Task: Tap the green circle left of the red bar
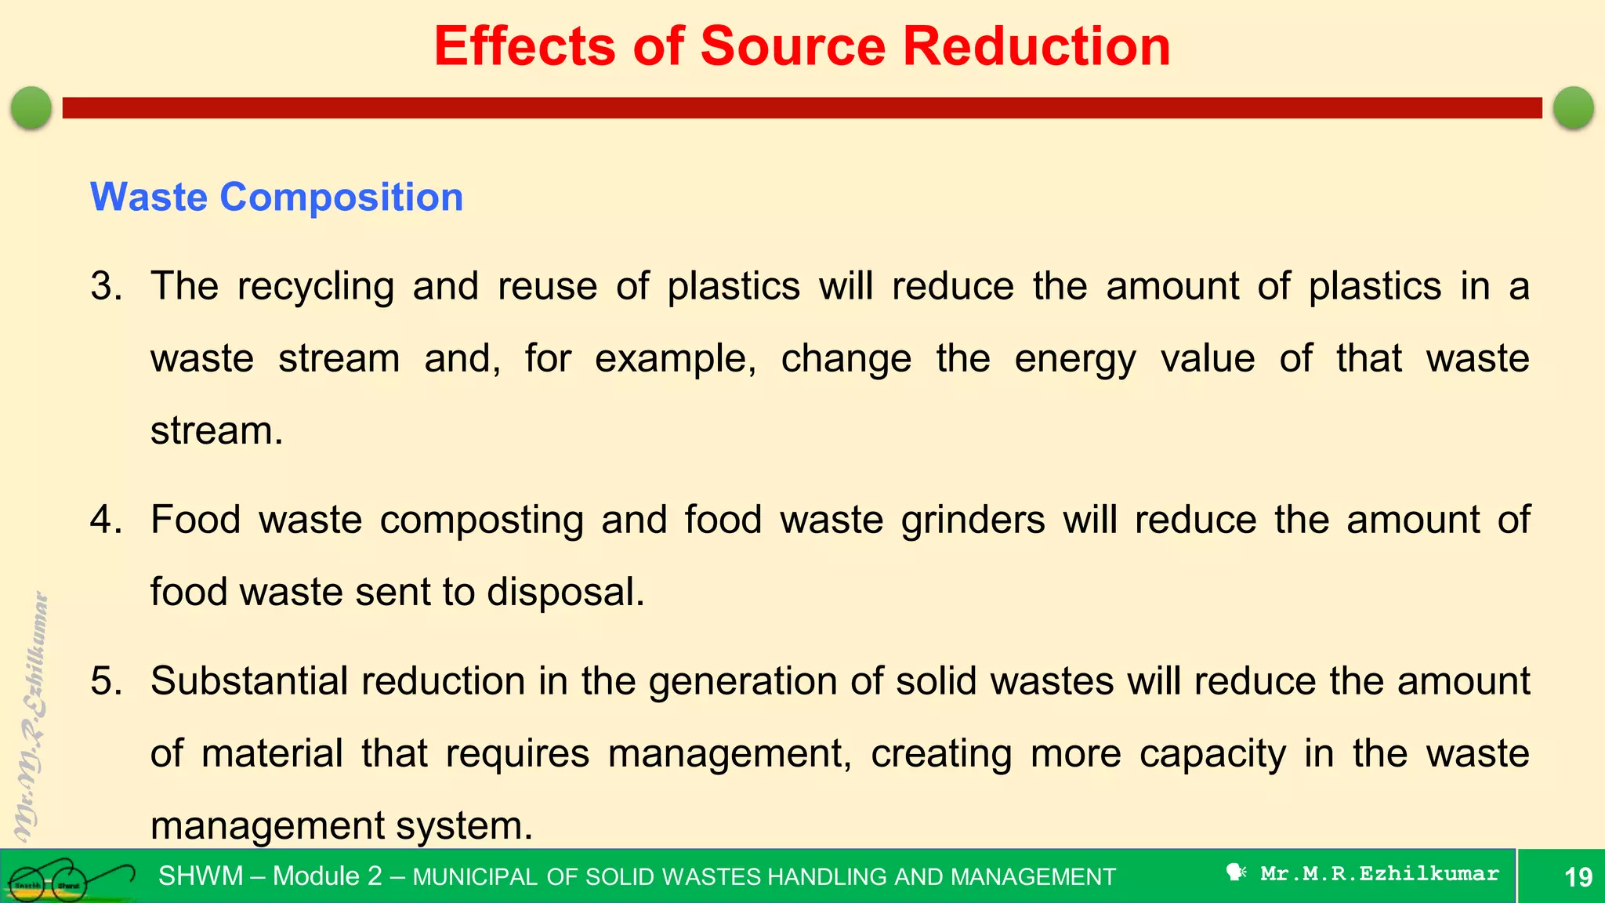31,107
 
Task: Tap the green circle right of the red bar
1573,107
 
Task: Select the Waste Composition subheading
277,197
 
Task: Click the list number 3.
106,286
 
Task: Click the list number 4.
106,520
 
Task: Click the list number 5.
106,680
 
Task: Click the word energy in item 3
1074,360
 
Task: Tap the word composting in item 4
481,520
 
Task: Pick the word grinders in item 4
973,520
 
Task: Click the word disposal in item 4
564,592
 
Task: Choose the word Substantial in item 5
248,680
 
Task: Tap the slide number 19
1578,876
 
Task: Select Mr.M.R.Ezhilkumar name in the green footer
1379,873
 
